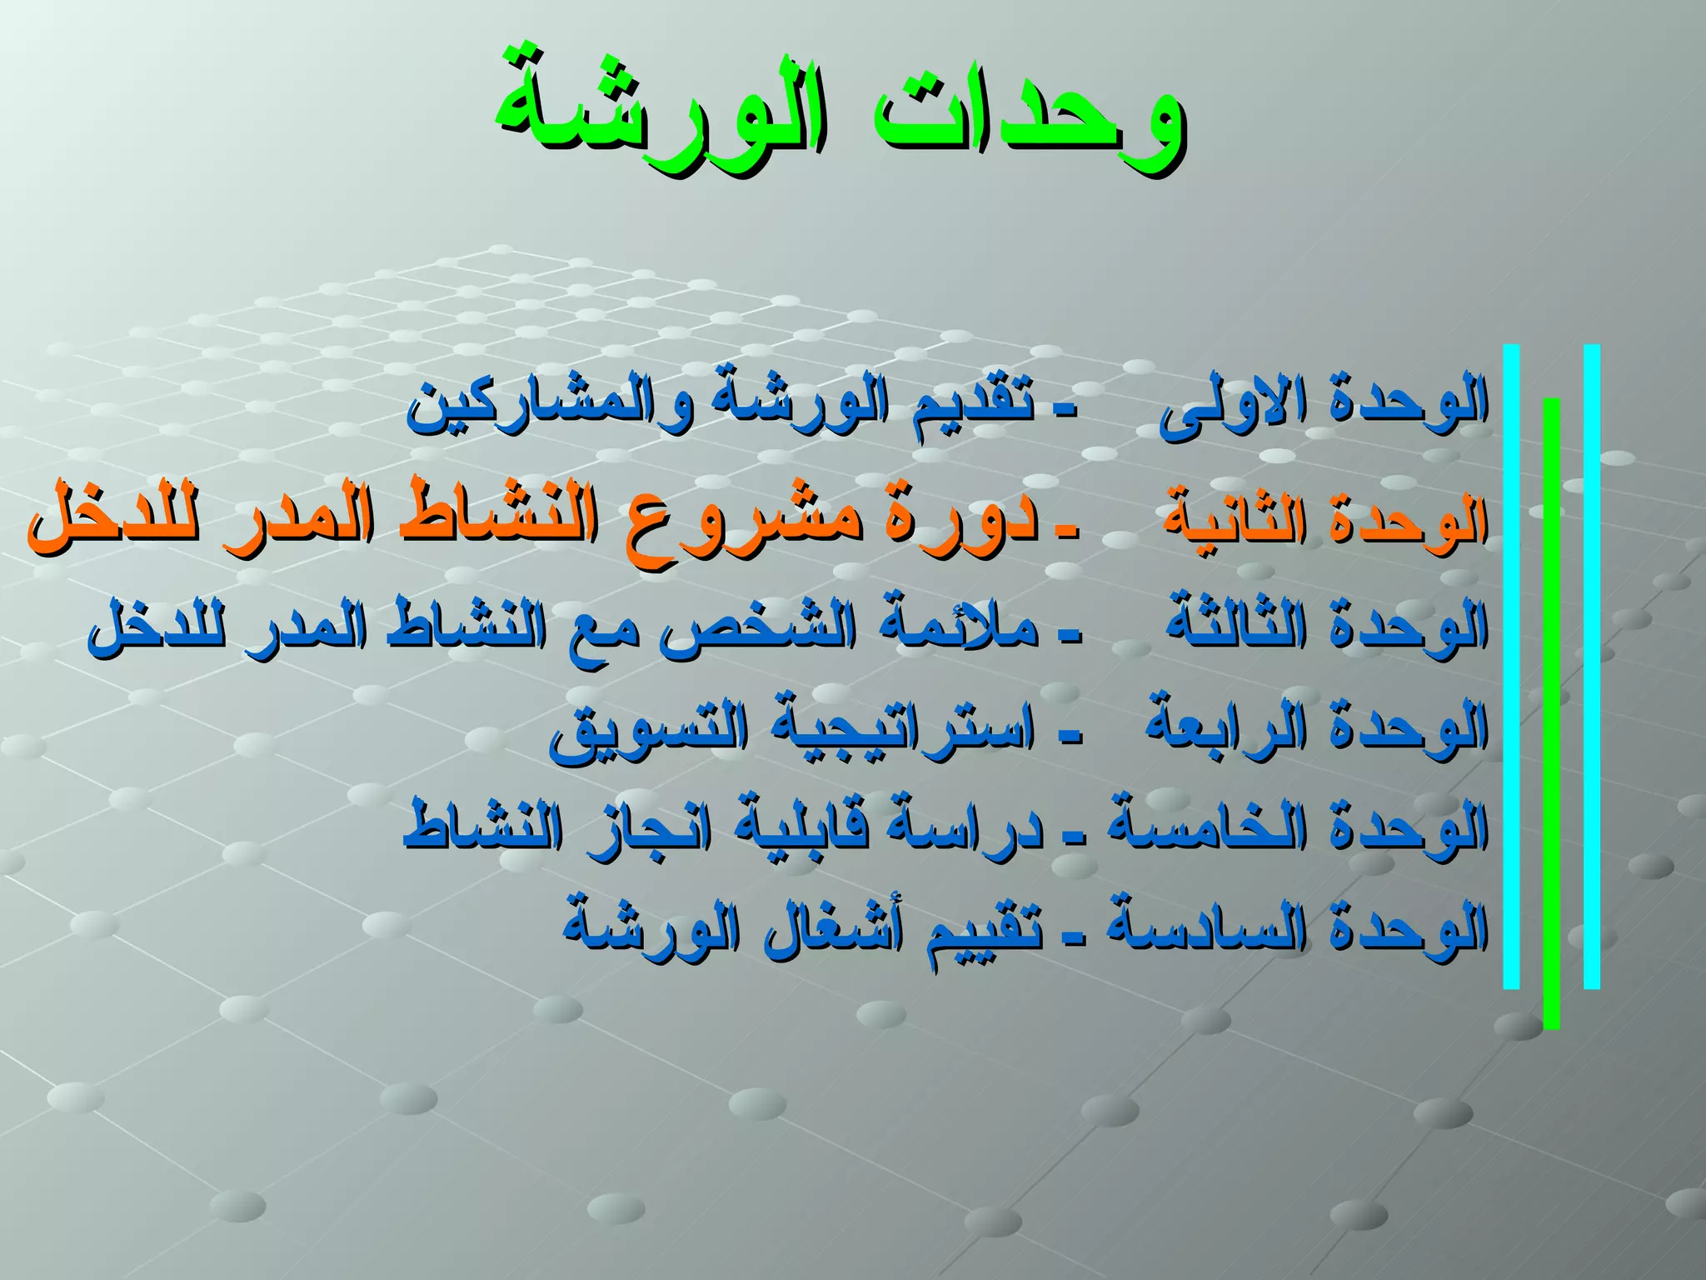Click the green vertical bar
tap(1551, 712)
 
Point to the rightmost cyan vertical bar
tap(1591, 667)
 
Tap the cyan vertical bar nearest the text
tap(1511, 667)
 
